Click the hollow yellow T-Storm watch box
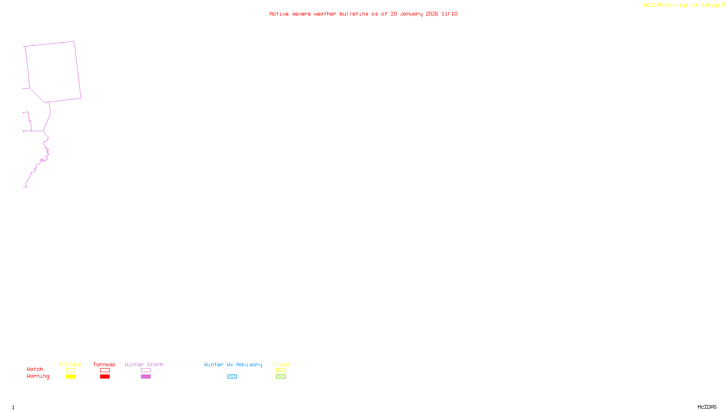tap(71, 370)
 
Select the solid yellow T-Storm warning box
tap(71, 377)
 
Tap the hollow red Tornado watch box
tap(105, 370)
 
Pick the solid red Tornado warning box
tap(105, 377)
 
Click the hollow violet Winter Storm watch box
tap(146, 370)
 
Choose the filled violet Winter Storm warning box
tap(146, 377)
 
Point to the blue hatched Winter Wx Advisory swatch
tap(232, 377)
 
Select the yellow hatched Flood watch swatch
tap(281, 370)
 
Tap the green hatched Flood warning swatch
tap(281, 377)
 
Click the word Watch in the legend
tap(35, 369)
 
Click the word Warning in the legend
tap(38, 376)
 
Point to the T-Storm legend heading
tap(70, 364)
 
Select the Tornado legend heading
tap(104, 364)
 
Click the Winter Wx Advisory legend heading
tap(233, 364)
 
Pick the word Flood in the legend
tap(281, 364)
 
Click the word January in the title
tap(411, 14)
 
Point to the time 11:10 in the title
tap(450, 14)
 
